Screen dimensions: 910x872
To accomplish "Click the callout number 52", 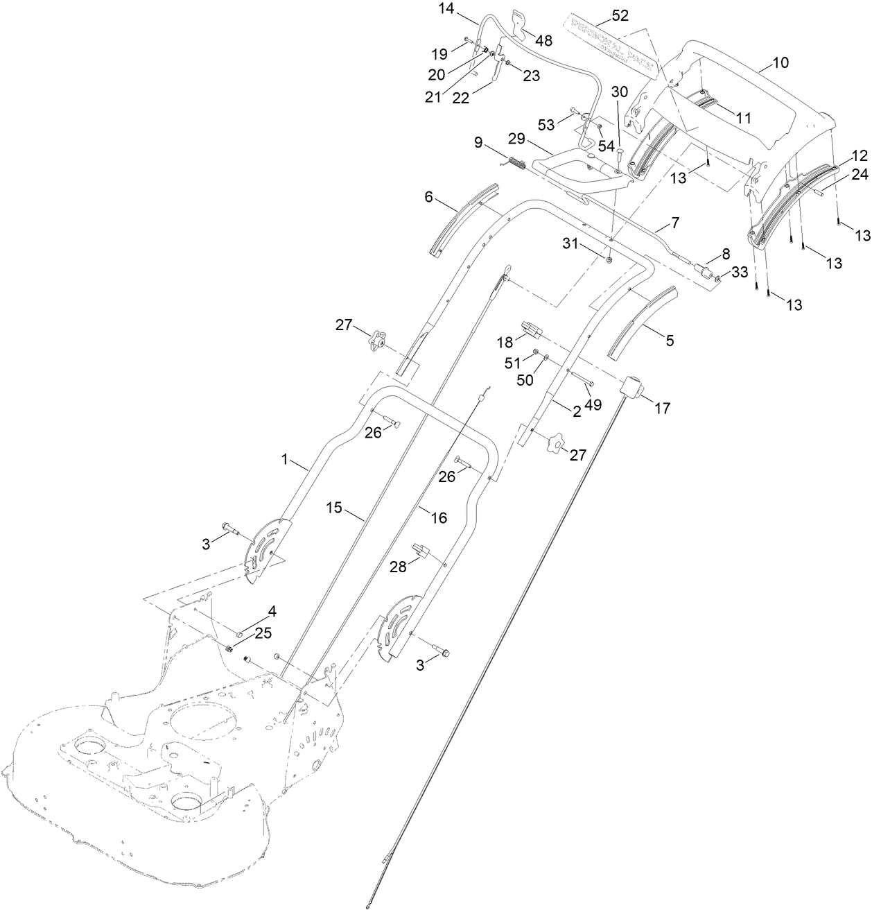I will (x=620, y=14).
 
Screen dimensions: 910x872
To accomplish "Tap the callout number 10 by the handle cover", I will (x=780, y=63).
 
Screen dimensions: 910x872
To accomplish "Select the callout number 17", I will (x=663, y=409).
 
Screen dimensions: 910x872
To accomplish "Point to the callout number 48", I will (x=543, y=41).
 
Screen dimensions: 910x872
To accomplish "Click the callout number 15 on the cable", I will (x=334, y=508).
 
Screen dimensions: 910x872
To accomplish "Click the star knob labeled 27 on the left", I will (x=376, y=341).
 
